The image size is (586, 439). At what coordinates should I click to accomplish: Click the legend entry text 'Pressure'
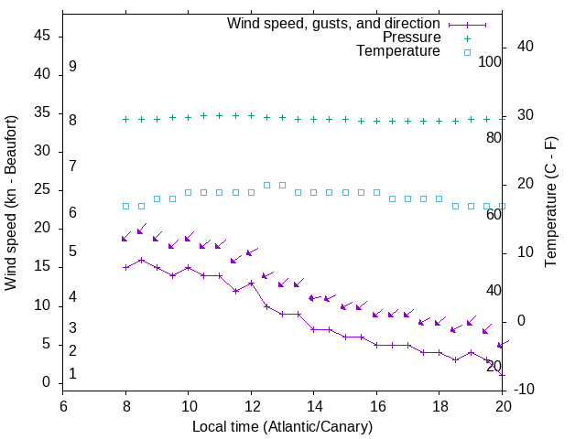pos(411,37)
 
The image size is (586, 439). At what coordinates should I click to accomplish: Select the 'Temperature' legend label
pos(398,51)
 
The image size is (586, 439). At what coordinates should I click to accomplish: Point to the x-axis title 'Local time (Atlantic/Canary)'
pos(282,426)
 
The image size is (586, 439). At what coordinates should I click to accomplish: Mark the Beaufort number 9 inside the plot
pos(72,67)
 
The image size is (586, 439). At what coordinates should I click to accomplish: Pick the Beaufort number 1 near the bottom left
pos(72,374)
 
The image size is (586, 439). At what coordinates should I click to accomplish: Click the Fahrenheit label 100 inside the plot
pos(490,62)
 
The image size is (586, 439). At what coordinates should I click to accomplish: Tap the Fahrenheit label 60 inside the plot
pos(494,215)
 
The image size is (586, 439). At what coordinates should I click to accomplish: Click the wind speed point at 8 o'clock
pos(125,267)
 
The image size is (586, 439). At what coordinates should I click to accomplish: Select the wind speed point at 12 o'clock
pos(251,283)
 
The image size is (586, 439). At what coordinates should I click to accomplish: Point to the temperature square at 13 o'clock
pos(282,185)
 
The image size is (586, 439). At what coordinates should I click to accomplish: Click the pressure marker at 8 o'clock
pos(125,119)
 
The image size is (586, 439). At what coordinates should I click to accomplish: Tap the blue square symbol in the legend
pos(466,52)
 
